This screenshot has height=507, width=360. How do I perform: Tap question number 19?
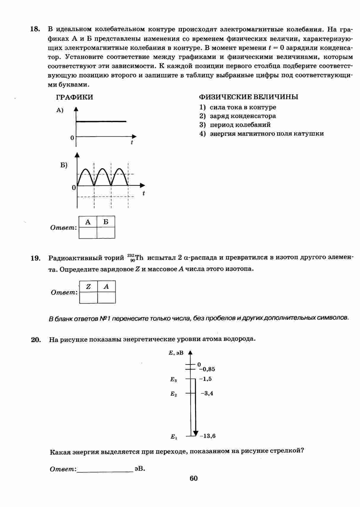[35, 258]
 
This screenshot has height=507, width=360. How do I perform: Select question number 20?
[36, 340]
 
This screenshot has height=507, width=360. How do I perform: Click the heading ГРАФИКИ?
[74, 97]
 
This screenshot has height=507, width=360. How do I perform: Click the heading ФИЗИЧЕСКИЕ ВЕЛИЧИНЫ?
[248, 97]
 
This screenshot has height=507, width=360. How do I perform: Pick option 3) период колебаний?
[235, 125]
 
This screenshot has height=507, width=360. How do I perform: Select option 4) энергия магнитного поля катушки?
[261, 134]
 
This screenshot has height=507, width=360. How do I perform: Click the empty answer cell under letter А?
[88, 233]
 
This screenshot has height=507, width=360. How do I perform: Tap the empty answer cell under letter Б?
[106, 233]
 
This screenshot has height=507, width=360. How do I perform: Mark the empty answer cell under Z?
[89, 297]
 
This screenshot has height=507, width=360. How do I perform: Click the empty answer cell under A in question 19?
[107, 297]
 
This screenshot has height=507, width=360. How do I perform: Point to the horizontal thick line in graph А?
[101, 121]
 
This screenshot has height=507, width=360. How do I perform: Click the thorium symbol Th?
[139, 258]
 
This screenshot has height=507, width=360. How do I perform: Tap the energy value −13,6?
[208, 436]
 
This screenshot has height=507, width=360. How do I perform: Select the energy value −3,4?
[207, 394]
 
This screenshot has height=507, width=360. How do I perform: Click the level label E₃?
[173, 379]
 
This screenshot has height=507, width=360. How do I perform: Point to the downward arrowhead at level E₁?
[195, 433]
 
